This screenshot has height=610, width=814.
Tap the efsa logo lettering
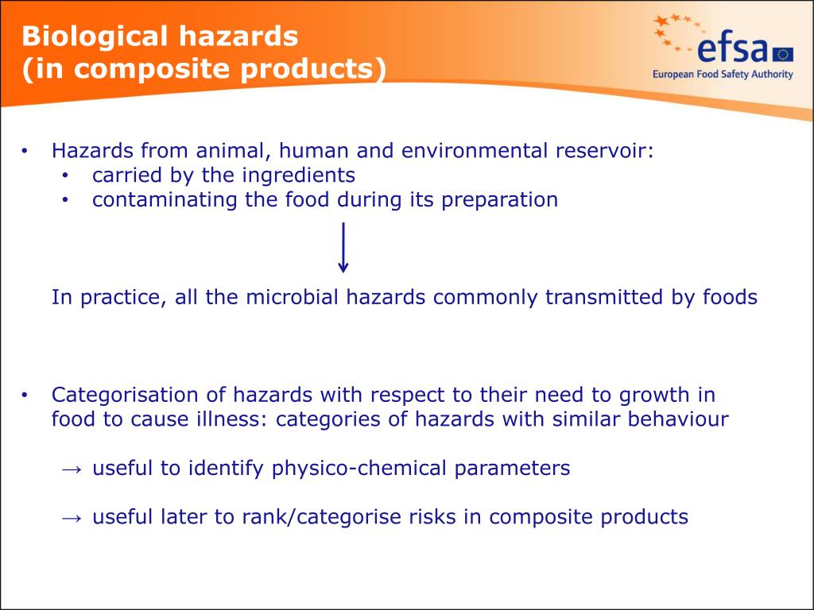point(732,49)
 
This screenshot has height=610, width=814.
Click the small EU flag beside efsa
point(782,54)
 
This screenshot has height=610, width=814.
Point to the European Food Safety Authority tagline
point(723,75)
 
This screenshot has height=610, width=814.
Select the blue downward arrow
point(343,248)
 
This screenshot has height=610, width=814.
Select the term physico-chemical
point(360,469)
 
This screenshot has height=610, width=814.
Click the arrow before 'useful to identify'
point(71,469)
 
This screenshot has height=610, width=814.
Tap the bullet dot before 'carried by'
point(65,176)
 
